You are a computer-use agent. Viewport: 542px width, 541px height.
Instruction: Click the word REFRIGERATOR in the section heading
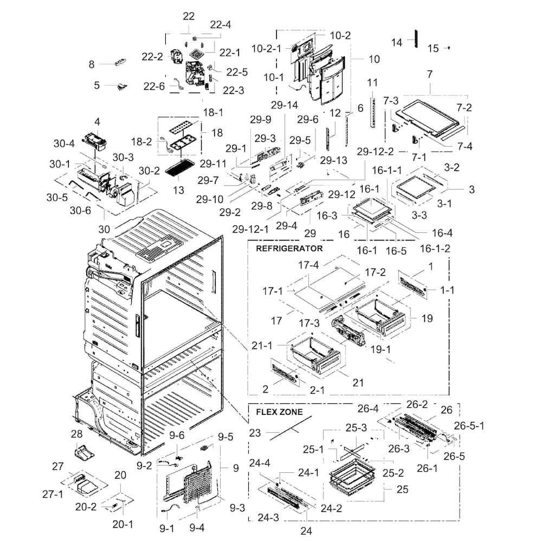(x=288, y=249)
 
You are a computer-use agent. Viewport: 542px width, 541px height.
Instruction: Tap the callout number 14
(x=397, y=42)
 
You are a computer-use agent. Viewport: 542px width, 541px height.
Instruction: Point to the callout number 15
(x=433, y=49)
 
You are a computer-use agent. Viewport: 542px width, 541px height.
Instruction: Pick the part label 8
(x=91, y=64)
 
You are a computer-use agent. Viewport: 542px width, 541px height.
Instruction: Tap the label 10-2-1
(x=266, y=48)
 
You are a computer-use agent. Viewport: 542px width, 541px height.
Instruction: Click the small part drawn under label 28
(x=85, y=452)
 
